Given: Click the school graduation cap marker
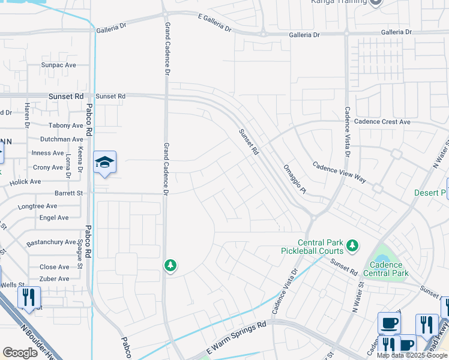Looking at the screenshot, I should click(x=104, y=163).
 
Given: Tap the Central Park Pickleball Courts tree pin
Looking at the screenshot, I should click(x=354, y=245).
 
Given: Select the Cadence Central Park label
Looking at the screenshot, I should click(x=387, y=269).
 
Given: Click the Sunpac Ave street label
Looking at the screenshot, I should click(x=59, y=65).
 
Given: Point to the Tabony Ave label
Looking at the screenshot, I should click(x=66, y=125).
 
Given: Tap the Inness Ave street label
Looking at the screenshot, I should click(x=47, y=153).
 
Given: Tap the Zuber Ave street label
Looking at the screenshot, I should click(x=55, y=279).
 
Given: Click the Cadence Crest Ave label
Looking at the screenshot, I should click(x=382, y=122).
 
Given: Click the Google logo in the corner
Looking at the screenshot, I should click(x=20, y=352).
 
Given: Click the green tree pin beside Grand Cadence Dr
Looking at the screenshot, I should click(x=170, y=265).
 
